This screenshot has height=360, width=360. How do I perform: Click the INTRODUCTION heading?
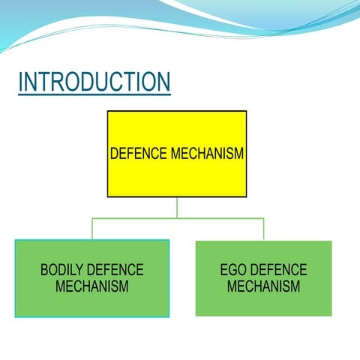tap(94, 82)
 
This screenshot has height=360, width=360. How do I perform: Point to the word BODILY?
tap(62, 270)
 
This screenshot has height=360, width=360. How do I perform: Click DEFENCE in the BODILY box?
tap(115, 270)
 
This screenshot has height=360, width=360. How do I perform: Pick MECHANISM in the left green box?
tap(91, 286)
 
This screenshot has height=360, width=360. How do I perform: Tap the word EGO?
tap(233, 270)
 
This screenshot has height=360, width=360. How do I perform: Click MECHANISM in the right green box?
tap(263, 286)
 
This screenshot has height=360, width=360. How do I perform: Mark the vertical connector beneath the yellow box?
tap(177, 208)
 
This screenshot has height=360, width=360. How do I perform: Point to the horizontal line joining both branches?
tap(135, 218)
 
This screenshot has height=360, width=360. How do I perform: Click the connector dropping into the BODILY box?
tap(92, 229)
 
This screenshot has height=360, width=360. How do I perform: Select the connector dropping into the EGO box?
tap(263, 229)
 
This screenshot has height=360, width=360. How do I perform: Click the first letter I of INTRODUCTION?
tap(21, 82)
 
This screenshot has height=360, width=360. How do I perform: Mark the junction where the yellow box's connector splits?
tap(177, 218)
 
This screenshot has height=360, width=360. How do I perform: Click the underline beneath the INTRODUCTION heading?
tap(94, 94)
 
